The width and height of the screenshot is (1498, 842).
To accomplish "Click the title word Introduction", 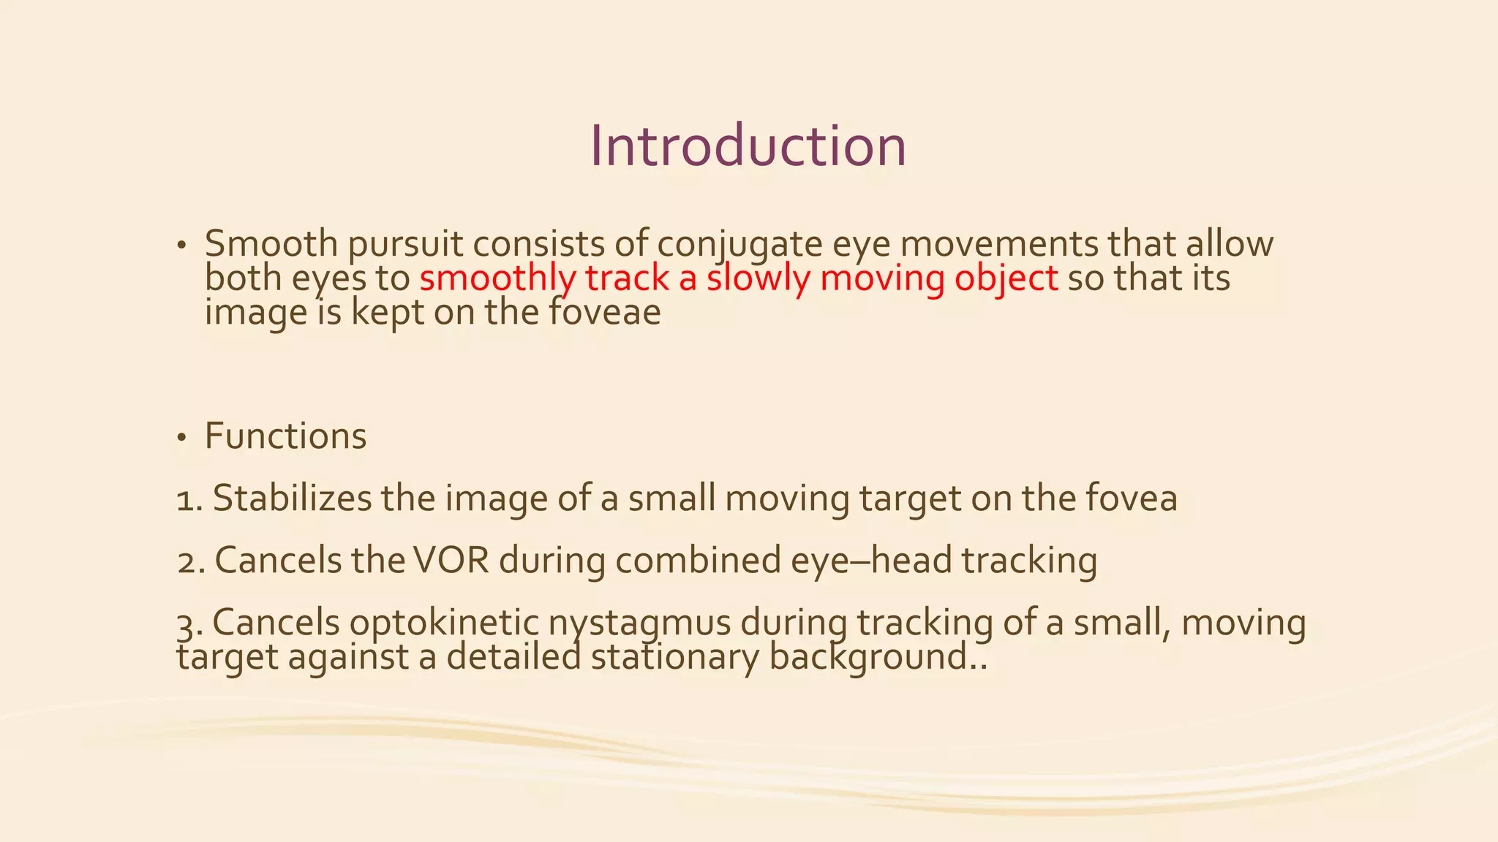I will click(x=748, y=146).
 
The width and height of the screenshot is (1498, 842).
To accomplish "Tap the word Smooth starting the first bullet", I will click(x=271, y=244).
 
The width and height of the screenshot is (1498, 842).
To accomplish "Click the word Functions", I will click(x=285, y=436).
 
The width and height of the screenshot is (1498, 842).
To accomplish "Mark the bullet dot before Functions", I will click(x=181, y=439).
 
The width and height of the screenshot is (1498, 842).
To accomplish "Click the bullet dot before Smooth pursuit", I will click(x=181, y=246).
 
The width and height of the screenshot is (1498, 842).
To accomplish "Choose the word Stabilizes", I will click(x=292, y=498).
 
